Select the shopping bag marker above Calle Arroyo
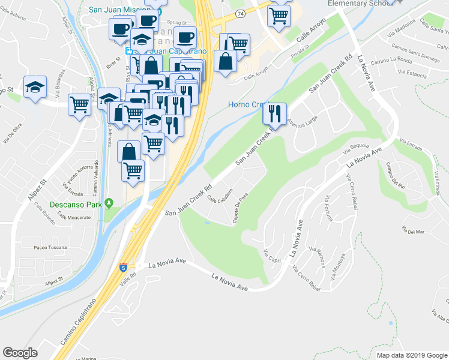[x=225, y=62]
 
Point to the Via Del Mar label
[x=414, y=231]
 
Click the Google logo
[x=20, y=353]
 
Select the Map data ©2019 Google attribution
[x=412, y=355]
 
